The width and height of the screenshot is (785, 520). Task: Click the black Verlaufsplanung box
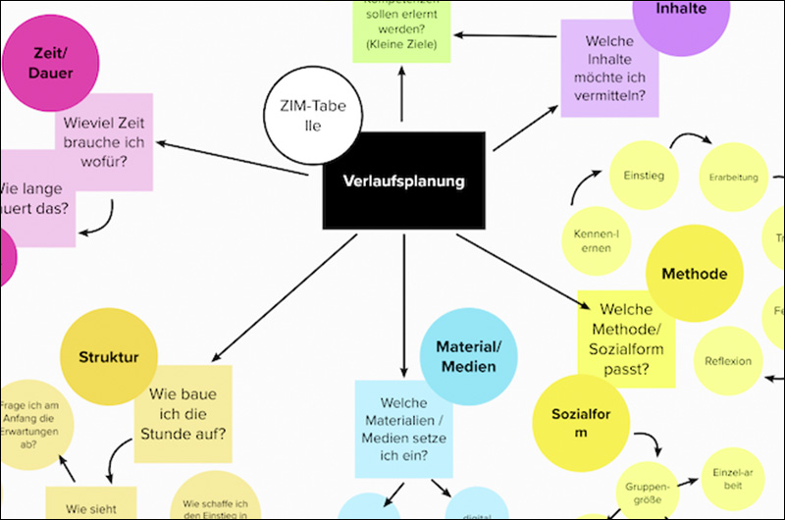403,182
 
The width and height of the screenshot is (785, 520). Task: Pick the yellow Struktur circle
108,359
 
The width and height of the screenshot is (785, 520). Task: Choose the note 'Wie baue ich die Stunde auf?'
184,413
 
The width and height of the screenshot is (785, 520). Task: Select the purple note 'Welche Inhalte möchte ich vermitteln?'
609,69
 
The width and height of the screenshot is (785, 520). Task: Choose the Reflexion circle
728,361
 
